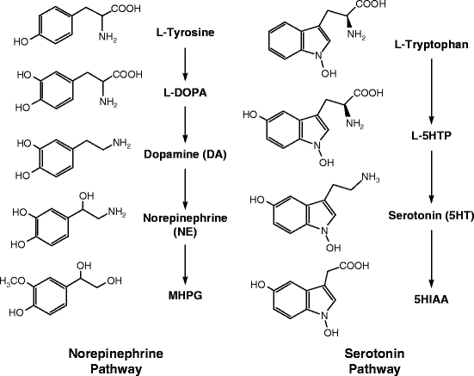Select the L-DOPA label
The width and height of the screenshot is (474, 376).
(x=184, y=91)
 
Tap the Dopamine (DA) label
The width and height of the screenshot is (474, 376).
(x=184, y=154)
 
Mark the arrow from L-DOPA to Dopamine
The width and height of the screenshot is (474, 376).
(x=184, y=122)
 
